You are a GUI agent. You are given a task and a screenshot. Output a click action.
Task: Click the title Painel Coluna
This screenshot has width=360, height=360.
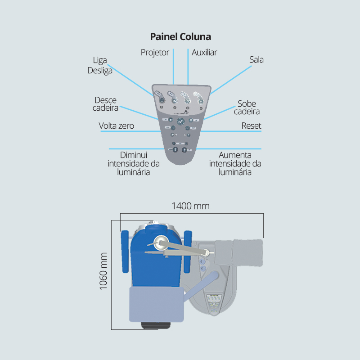click(180, 36)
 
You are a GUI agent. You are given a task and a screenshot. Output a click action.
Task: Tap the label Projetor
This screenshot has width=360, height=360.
click(155, 53)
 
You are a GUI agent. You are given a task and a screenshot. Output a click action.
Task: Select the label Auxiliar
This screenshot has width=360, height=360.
click(204, 53)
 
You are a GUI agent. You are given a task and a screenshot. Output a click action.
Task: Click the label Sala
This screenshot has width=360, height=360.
click(256, 59)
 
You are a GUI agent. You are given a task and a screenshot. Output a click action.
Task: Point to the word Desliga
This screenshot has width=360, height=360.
click(100, 71)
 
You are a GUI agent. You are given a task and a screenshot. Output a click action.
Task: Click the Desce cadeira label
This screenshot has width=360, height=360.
click(106, 104)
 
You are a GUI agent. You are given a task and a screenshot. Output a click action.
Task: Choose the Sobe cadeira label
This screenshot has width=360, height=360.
click(247, 108)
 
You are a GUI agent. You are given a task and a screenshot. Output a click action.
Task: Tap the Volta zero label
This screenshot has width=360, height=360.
click(117, 126)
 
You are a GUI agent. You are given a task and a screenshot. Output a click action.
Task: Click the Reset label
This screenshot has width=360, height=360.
click(251, 126)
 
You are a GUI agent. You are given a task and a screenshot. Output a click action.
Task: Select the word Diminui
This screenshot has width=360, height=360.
click(134, 155)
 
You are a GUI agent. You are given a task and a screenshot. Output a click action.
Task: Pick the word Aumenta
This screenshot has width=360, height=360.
click(234, 155)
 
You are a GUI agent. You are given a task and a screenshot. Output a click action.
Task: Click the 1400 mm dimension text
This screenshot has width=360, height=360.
click(190, 206)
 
